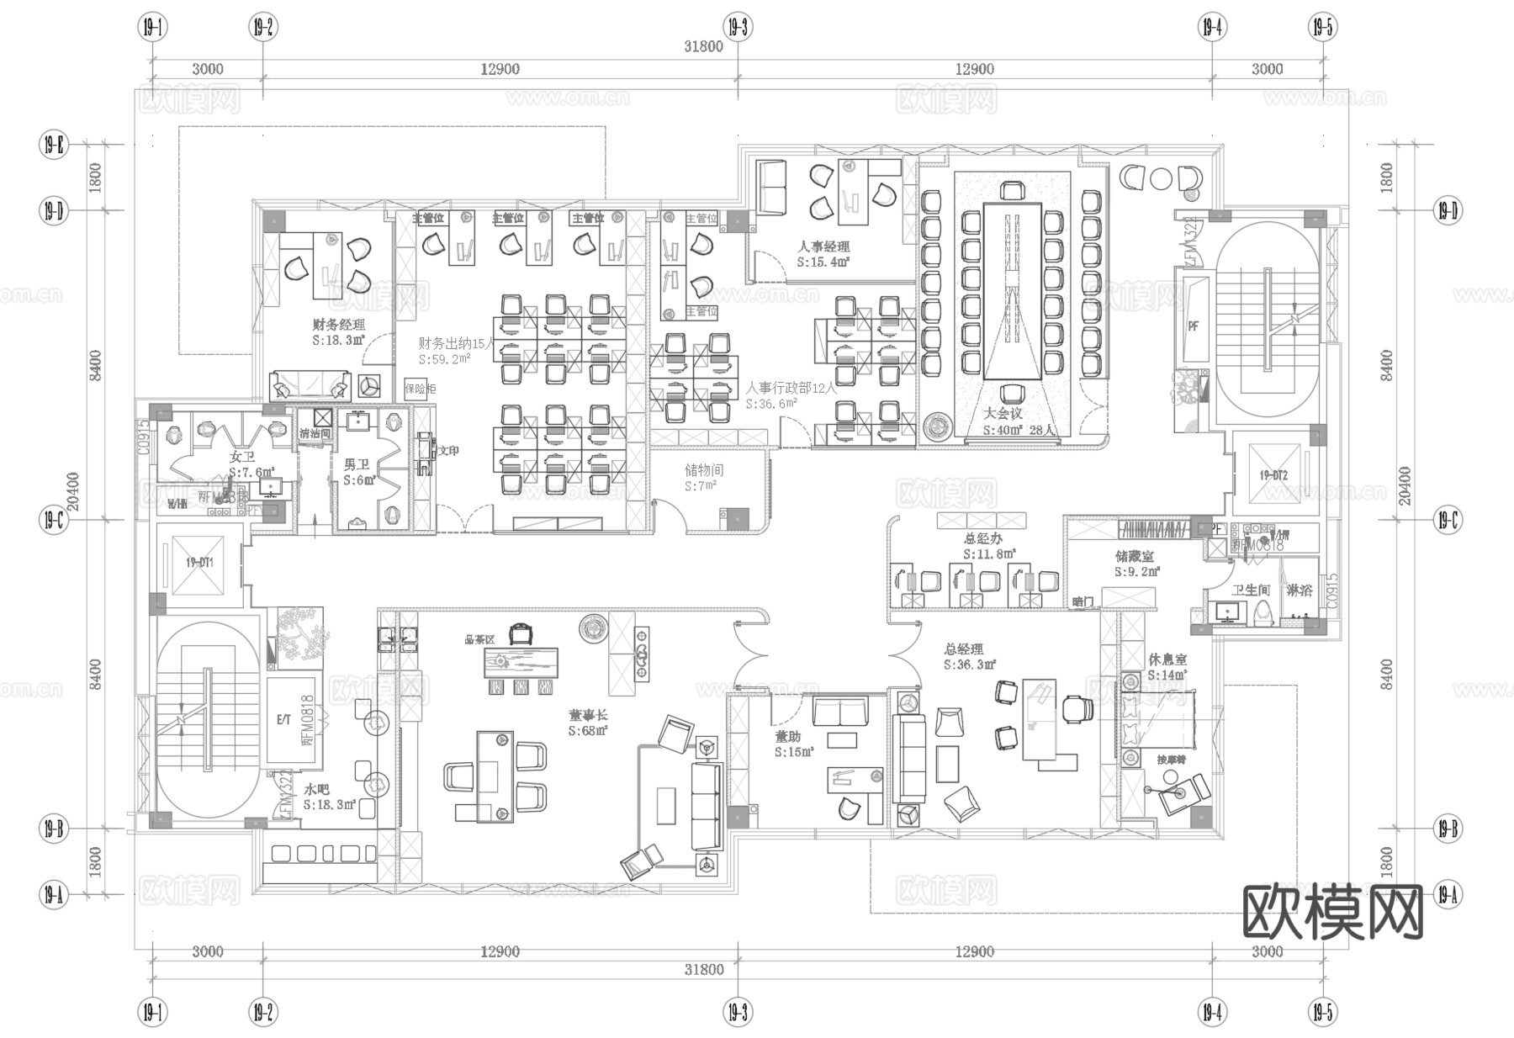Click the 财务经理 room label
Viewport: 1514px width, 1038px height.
click(339, 324)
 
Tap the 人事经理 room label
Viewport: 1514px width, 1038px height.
click(823, 246)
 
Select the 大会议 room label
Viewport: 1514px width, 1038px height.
click(1003, 413)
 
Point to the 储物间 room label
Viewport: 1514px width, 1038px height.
click(703, 470)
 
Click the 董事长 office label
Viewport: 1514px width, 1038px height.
click(588, 715)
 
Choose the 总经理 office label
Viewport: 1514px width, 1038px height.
click(963, 649)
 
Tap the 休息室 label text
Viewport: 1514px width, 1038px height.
click(1167, 659)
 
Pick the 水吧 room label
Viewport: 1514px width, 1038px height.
click(317, 790)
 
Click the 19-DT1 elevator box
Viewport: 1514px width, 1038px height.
click(199, 562)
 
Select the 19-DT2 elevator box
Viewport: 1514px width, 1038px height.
click(1273, 475)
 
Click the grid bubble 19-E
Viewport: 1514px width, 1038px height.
click(52, 145)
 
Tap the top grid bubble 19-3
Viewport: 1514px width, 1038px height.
click(738, 28)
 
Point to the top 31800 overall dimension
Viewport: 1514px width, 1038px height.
click(703, 46)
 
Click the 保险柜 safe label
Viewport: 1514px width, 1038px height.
click(420, 389)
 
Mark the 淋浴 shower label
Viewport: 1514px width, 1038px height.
click(1299, 590)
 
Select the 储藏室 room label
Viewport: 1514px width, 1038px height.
click(1135, 556)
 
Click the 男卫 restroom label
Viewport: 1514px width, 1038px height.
click(357, 464)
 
